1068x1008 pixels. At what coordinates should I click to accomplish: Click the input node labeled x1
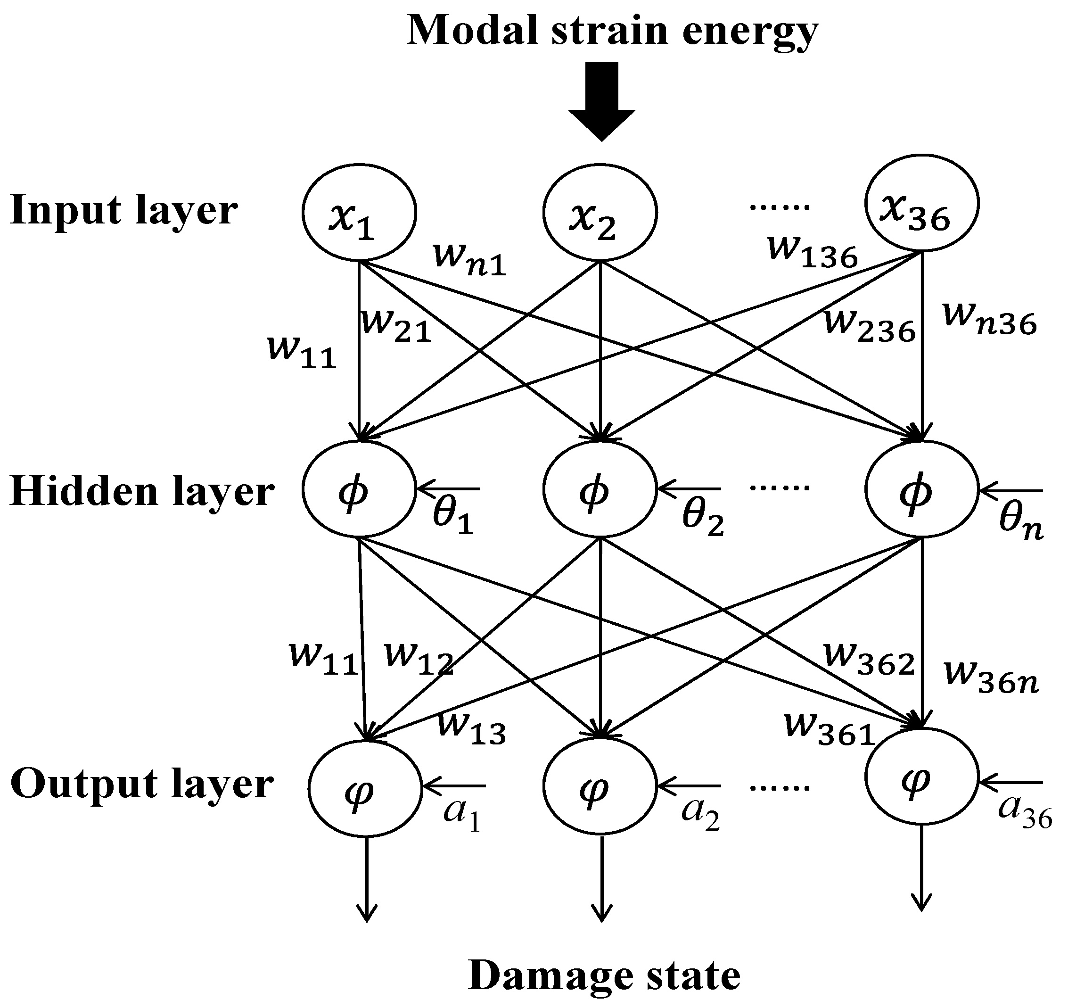(359, 212)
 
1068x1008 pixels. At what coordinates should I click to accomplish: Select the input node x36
(922, 204)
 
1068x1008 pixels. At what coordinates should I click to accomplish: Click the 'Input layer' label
(123, 211)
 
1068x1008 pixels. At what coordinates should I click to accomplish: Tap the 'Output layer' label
(142, 785)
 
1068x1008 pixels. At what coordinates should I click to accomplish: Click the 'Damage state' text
(604, 975)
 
